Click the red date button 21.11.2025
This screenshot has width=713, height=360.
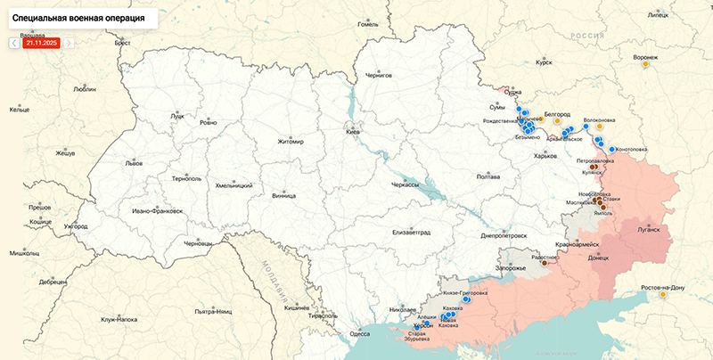41,42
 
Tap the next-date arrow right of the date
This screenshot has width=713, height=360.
70,42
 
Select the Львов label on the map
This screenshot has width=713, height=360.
134,164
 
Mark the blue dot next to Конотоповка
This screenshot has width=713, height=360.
611,149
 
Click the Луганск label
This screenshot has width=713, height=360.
648,229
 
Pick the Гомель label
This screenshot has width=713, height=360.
368,24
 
